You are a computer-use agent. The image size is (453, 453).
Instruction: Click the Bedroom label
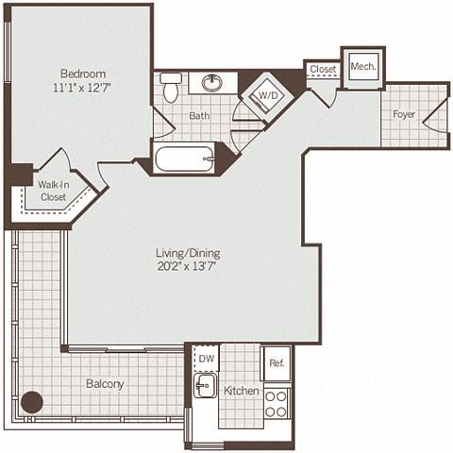click(x=83, y=74)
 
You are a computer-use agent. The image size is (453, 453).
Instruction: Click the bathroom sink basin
click(x=213, y=83)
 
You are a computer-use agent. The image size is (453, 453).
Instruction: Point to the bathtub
click(x=184, y=157)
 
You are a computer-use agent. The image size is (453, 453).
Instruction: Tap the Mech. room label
click(x=362, y=67)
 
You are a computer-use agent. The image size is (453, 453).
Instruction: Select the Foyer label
click(x=404, y=115)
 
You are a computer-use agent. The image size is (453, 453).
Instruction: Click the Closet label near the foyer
click(x=323, y=70)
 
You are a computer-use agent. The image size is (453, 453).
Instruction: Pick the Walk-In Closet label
click(x=53, y=192)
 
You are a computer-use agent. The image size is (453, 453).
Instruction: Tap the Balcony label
click(x=105, y=384)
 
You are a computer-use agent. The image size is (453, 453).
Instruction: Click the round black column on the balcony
click(x=33, y=402)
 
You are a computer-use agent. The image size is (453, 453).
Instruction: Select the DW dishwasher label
click(x=206, y=360)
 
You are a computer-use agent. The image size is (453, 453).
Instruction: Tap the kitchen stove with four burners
click(x=277, y=403)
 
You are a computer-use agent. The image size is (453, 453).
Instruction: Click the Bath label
click(x=198, y=116)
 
